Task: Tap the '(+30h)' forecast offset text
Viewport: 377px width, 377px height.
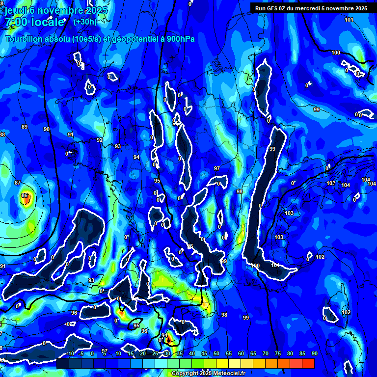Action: click(x=84, y=22)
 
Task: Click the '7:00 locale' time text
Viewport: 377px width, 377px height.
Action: click(x=35, y=22)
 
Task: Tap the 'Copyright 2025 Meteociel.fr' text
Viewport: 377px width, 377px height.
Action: click(x=208, y=373)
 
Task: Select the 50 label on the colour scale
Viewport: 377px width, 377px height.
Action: click(x=216, y=353)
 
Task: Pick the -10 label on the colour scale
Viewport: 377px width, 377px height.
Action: click(x=70, y=353)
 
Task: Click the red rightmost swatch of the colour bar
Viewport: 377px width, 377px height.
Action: click(x=308, y=363)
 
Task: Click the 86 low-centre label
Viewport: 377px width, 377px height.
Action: click(x=25, y=196)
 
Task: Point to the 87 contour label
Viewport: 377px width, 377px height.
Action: click(x=18, y=183)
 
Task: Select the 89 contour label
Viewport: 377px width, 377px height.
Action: click(x=25, y=127)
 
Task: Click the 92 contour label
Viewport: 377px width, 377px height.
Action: click(x=100, y=140)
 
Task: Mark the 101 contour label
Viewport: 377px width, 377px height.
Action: click(x=349, y=20)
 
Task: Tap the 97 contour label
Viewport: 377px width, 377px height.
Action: click(x=217, y=168)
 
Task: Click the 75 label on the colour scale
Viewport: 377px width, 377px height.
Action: click(x=278, y=353)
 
